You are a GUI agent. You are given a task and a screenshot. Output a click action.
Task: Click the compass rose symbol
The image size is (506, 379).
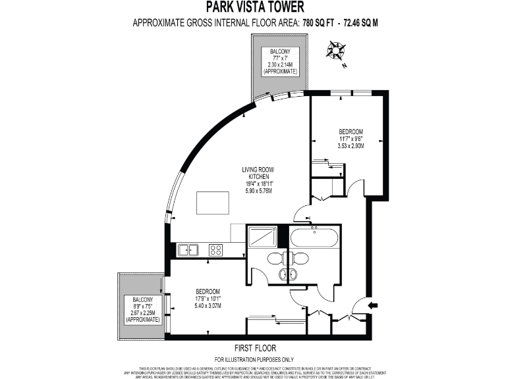tap(337, 51)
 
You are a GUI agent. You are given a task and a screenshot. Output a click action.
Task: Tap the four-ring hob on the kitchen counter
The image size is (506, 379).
tap(216, 250)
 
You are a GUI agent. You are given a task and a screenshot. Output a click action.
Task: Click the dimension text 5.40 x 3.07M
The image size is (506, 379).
tap(208, 306)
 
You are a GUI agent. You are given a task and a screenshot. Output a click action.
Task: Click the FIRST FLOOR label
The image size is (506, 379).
tap(255, 347)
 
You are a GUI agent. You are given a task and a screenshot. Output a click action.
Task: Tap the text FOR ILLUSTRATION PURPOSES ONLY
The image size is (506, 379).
tap(255, 359)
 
